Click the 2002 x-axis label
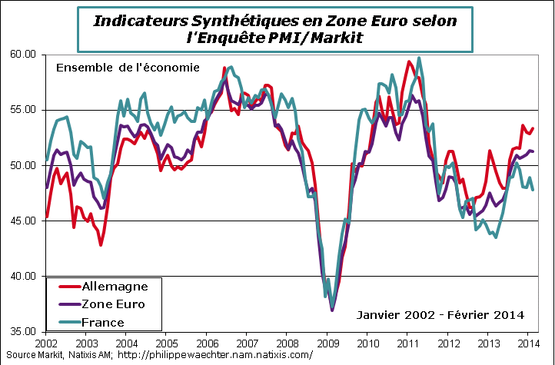point(47,342)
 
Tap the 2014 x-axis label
point(528,342)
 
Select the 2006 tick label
point(207,342)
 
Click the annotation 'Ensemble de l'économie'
point(128,68)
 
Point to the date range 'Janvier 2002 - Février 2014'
point(440,314)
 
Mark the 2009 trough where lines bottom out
point(332,309)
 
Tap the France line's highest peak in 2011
point(418,58)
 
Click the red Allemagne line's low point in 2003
point(101,244)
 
